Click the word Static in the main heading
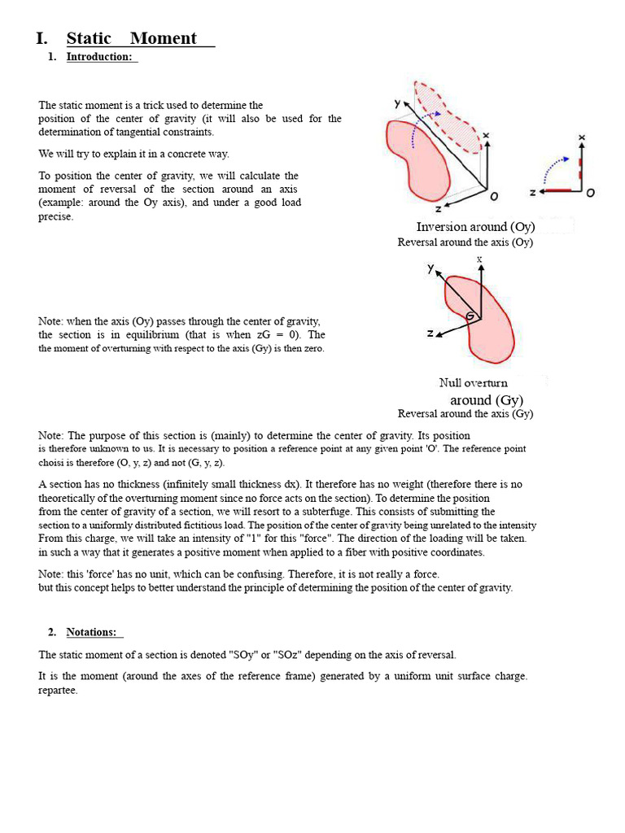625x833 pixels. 89,38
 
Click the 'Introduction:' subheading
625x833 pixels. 98,57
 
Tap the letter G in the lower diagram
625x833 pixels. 470,316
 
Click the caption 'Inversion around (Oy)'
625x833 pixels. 474,227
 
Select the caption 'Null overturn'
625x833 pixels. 473,383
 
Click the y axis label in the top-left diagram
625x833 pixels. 397,103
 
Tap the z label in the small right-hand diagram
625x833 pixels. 532,193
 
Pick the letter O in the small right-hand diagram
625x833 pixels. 591,193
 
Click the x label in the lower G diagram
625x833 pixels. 479,259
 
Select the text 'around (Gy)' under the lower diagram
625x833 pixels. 487,400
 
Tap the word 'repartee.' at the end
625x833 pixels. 58,691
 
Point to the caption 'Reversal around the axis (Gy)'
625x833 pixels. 465,414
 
